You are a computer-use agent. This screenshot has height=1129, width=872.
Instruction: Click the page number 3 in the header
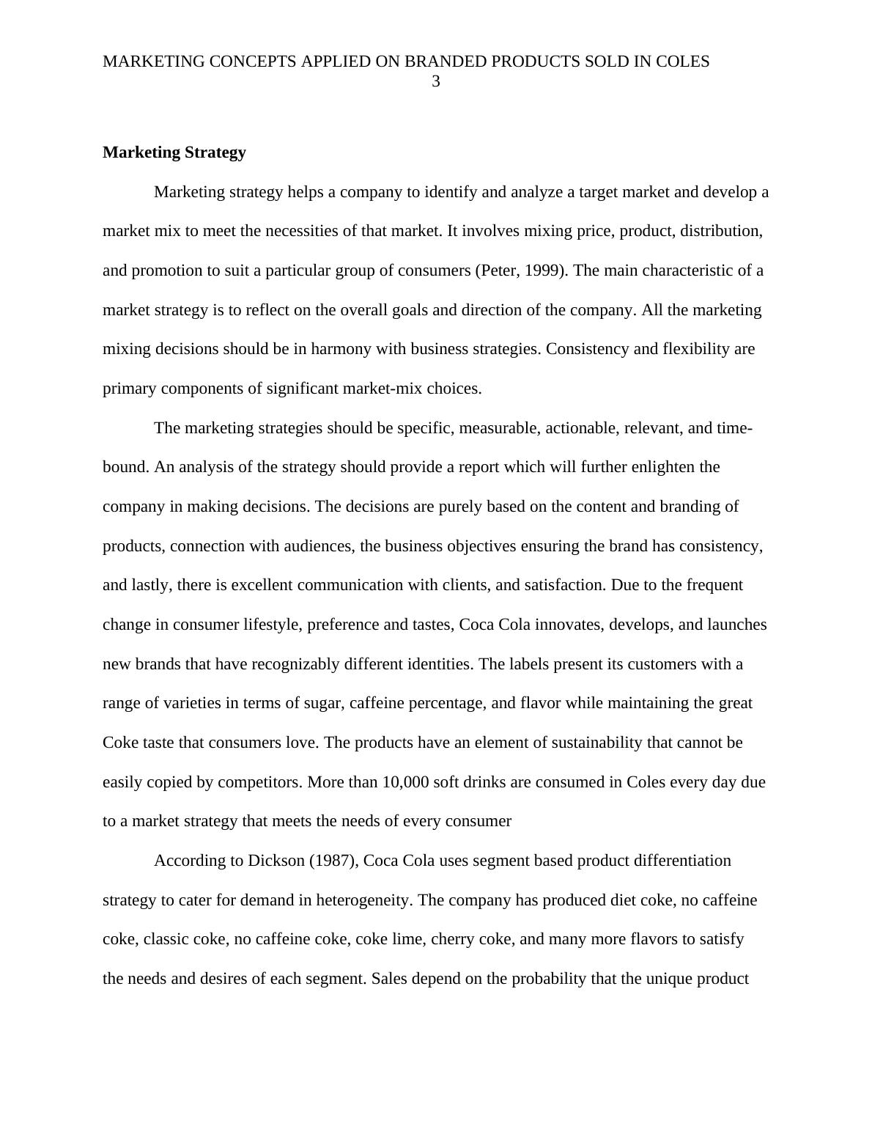(x=436, y=82)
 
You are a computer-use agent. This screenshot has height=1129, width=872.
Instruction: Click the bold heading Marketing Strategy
(x=174, y=152)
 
